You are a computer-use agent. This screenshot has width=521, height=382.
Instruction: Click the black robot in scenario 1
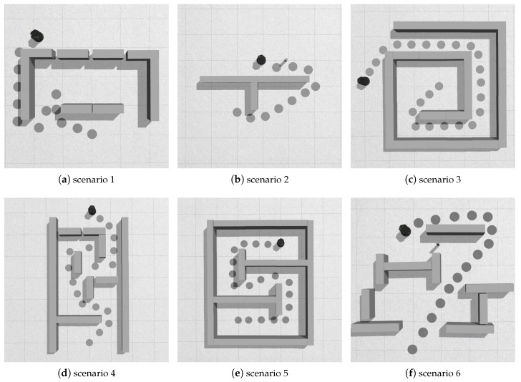(x=36, y=36)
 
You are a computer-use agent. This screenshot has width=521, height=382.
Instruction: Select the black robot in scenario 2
(x=262, y=61)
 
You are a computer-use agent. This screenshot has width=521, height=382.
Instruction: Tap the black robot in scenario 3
(x=364, y=81)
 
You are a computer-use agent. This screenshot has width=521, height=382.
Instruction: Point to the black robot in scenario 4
(x=91, y=210)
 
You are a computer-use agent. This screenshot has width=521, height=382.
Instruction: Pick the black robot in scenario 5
(x=281, y=243)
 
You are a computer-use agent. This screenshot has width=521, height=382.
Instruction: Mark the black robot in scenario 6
(x=405, y=230)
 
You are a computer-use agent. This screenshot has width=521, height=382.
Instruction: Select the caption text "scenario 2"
(x=260, y=179)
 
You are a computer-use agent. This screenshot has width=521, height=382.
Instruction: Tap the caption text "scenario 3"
(x=433, y=179)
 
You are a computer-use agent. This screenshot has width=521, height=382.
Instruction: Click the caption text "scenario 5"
(x=260, y=373)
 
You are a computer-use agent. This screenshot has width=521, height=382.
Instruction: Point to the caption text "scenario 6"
(x=433, y=373)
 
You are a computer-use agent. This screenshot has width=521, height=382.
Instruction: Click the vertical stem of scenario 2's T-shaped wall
(x=250, y=99)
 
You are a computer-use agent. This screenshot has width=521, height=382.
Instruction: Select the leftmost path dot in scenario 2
(x=237, y=112)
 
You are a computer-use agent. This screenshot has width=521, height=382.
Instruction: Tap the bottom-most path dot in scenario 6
(x=412, y=348)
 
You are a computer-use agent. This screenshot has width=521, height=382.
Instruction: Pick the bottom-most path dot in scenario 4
(x=89, y=343)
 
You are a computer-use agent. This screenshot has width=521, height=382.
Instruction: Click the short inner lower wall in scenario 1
(x=91, y=109)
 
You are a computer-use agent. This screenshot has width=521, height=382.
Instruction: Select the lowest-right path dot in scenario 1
(x=92, y=134)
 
